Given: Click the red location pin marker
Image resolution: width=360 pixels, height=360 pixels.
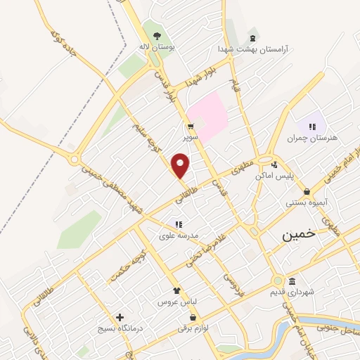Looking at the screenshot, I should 181,166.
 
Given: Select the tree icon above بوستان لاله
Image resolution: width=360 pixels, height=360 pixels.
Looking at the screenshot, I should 157,37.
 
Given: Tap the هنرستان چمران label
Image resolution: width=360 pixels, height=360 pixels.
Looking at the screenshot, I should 311,138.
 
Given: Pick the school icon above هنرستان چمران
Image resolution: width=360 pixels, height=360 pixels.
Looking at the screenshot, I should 311,124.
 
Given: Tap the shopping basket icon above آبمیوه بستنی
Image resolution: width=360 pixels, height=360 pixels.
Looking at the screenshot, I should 307,191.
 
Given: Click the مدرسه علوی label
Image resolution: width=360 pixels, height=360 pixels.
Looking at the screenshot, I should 179,236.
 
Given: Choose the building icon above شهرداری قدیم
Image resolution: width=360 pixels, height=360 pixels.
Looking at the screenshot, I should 292,279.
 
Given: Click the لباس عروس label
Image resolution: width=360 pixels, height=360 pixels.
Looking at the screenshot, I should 177,301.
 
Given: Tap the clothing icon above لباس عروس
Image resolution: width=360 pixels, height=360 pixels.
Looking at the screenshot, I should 177,289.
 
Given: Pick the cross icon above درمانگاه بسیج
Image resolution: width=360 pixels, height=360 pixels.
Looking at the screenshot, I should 120,317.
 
